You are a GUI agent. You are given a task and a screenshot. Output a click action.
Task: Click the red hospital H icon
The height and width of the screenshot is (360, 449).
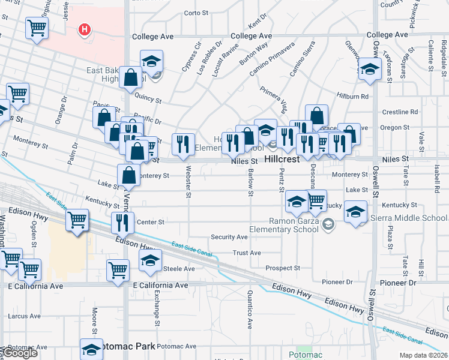coord(85,29)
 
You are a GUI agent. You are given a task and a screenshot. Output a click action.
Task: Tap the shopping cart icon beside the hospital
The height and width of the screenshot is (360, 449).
coord(37,27)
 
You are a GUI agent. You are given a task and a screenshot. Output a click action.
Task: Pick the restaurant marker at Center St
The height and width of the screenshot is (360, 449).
coord(122,223)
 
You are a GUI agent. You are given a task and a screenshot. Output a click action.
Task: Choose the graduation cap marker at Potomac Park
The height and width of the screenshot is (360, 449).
coord(91,349)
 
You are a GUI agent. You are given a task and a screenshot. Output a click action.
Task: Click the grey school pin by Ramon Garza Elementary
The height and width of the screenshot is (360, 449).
coord(328,225)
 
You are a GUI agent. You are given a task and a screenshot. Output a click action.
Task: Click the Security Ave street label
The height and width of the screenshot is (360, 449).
coord(229,238)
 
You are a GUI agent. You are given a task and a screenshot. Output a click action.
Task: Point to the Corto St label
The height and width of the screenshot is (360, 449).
coord(196,13)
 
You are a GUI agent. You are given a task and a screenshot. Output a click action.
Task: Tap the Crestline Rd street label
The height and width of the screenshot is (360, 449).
coord(400,112)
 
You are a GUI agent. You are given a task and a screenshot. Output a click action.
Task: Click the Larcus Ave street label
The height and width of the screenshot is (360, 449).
coord(25,316)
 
